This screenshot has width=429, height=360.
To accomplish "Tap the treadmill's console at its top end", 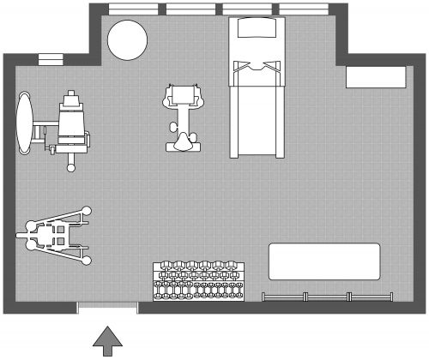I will click(257, 29).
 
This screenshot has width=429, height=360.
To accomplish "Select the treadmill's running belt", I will click(257, 111).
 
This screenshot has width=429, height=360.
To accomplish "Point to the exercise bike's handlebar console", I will click(184, 96).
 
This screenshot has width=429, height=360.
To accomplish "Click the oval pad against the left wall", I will click(26, 122).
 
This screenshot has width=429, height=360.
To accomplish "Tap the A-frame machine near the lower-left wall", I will click(56, 233).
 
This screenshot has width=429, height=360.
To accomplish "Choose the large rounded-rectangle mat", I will click(324, 261).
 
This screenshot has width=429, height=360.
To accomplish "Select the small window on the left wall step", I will click(51, 59).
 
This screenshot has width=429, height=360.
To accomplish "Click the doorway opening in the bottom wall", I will click(107, 309).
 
